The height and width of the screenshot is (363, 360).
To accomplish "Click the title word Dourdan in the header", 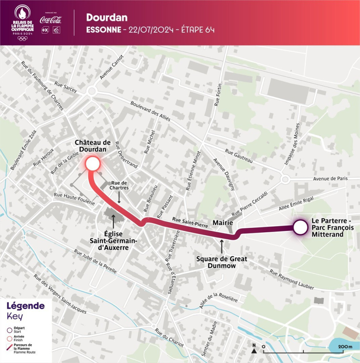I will (107, 17).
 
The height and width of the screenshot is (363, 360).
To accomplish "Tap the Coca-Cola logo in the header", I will (51, 20).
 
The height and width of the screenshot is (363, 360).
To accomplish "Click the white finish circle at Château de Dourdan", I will (93, 164).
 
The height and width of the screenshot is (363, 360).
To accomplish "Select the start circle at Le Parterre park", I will (299, 227).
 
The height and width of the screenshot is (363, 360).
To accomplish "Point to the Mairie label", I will (222, 223).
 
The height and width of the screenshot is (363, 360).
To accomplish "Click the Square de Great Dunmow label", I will (222, 262).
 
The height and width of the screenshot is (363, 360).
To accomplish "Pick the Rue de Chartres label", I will (119, 185).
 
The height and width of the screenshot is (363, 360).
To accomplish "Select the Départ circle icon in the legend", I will (10, 331).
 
